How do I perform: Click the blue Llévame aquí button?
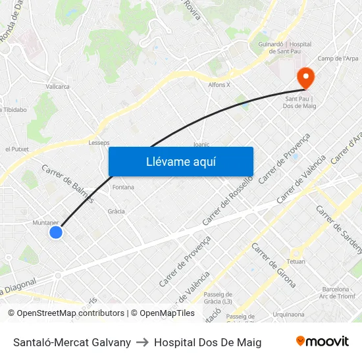tap(181, 162)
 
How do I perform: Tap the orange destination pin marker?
tap(305, 78)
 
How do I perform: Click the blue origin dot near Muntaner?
tap(56, 232)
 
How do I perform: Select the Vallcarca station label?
tap(58, 86)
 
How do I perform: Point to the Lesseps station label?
tap(99, 142)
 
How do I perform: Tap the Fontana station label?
tap(123, 187)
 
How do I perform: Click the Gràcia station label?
tap(116, 211)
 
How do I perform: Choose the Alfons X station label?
tap(219, 85)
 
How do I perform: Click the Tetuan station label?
tap(296, 261)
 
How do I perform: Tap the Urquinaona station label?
tap(289, 315)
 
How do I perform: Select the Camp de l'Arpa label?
tap(338, 59)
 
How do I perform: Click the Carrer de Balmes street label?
tap(68, 182)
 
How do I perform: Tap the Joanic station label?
tap(201, 144)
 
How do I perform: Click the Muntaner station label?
tap(45, 222)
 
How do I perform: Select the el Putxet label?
tap(16, 149)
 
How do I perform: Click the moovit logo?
tap(322, 342)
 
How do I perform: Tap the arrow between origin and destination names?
tap(142, 342)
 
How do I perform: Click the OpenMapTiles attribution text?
tap(163, 313)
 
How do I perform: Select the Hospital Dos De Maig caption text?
tap(207, 342)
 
